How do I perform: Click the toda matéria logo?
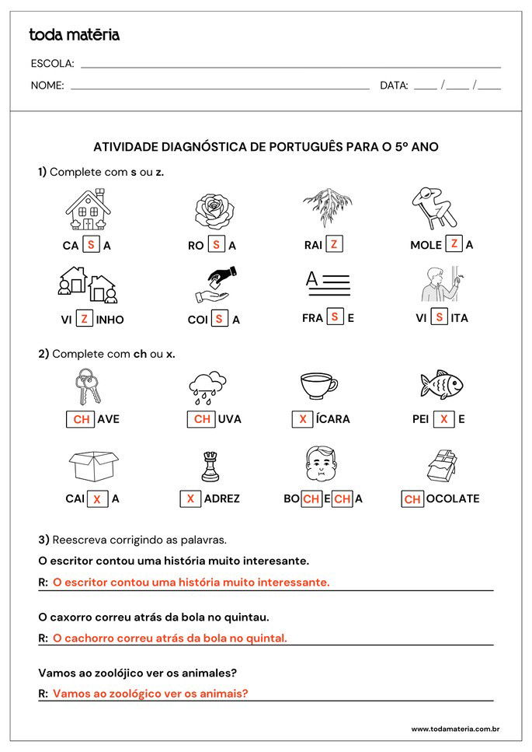click(74, 35)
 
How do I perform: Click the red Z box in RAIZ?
click(333, 244)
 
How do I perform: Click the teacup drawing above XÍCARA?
click(318, 384)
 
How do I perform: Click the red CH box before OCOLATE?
click(412, 499)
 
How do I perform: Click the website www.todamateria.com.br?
click(454, 729)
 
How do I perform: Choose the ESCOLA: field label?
click(52, 64)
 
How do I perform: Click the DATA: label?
click(394, 86)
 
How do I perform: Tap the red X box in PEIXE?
click(443, 418)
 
